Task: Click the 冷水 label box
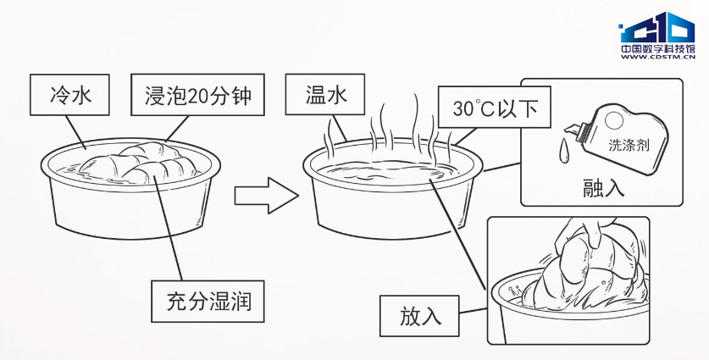(70, 95)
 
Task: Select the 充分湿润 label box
(208, 300)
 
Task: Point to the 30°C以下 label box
(490, 108)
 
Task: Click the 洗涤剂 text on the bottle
(629, 144)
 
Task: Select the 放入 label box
(421, 316)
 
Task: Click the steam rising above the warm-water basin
(398, 127)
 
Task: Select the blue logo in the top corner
(655, 30)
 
